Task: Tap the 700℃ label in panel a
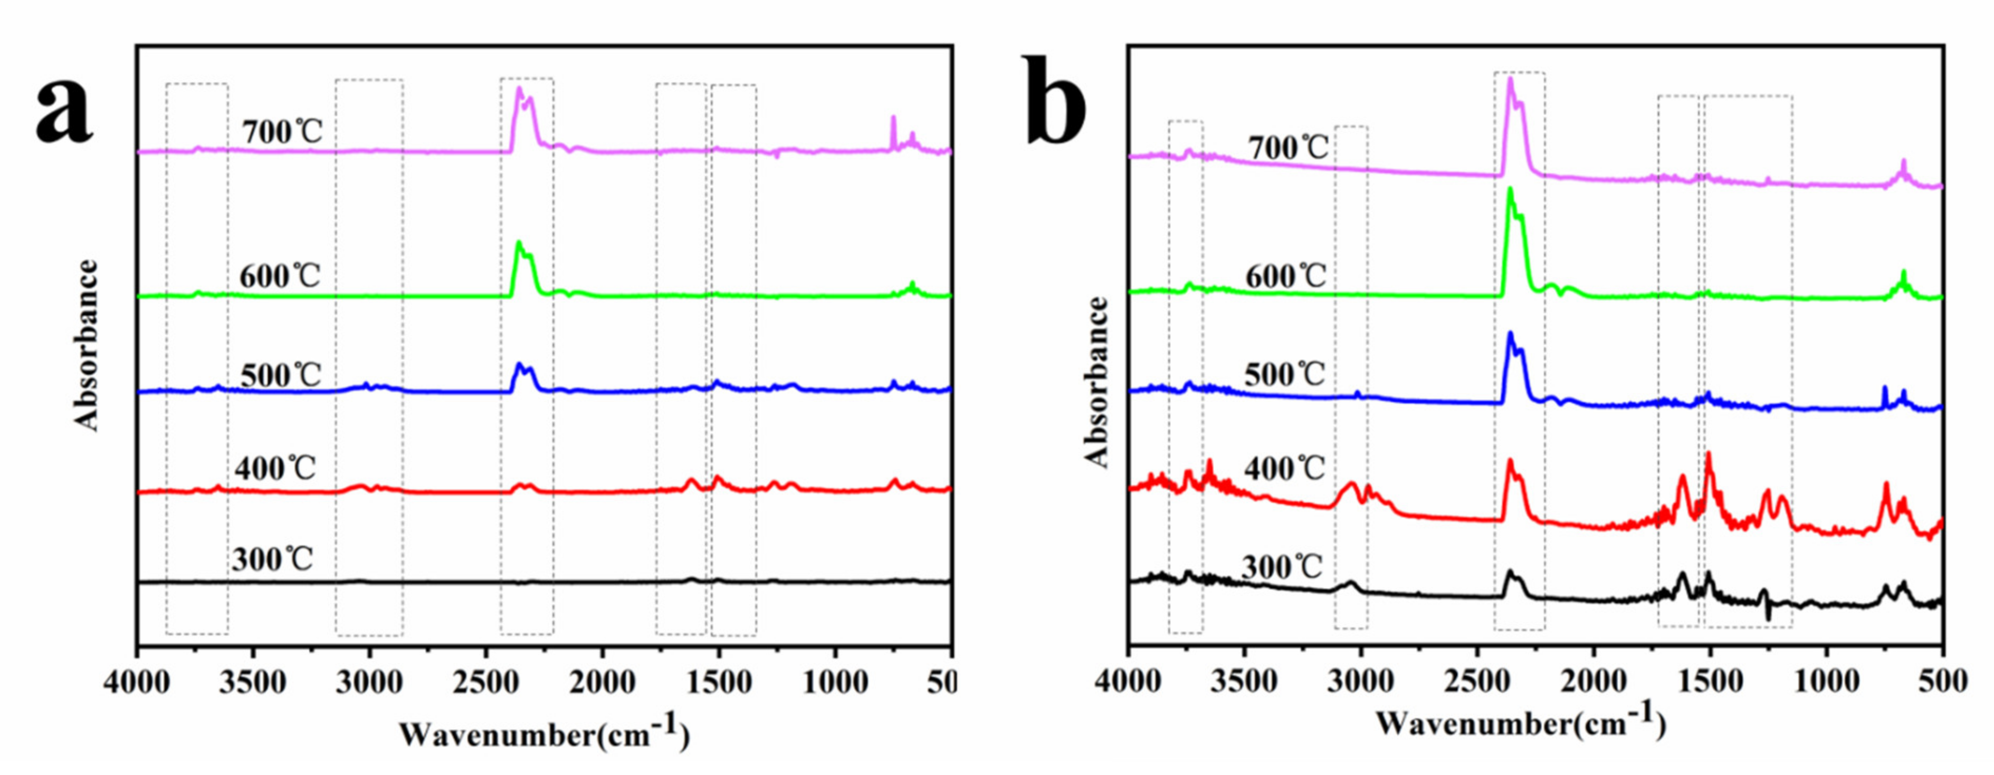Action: coord(282,132)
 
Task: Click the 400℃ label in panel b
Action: coord(1284,469)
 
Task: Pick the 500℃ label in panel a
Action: coord(280,376)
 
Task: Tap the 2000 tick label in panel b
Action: coord(1594,683)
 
